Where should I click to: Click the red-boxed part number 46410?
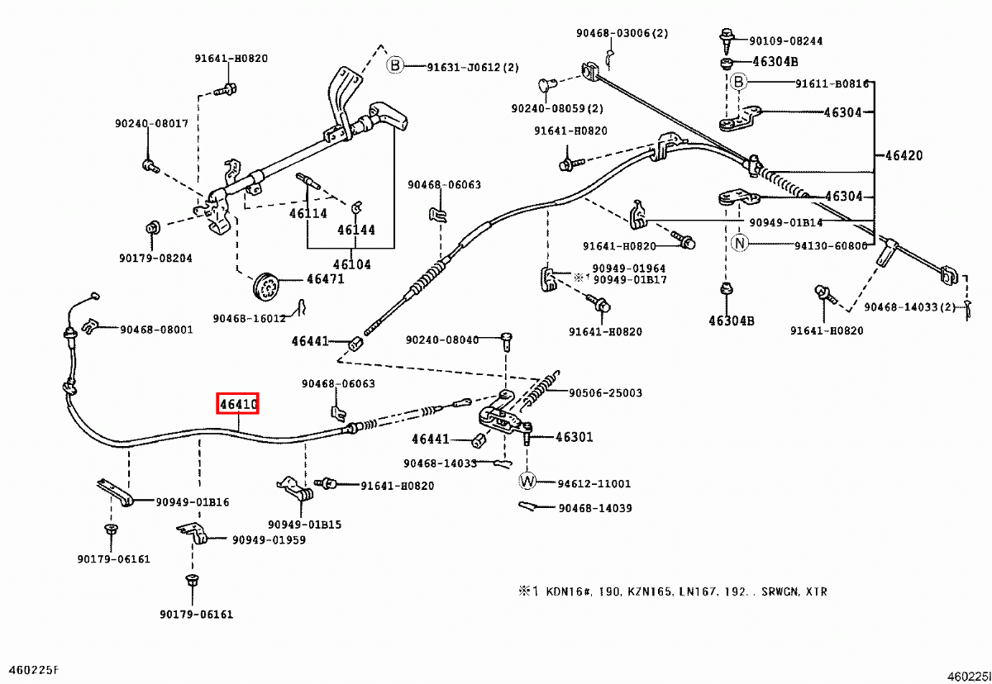238,404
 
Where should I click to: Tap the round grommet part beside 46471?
265,285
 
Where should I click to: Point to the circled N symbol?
739,243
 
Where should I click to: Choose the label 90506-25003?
605,393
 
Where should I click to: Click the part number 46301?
574,437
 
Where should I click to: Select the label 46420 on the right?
904,155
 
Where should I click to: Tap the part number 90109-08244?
786,40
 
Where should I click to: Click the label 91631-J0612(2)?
473,67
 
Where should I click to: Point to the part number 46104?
351,264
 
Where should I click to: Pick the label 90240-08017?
151,124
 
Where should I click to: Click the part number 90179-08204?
155,258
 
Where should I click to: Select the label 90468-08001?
156,329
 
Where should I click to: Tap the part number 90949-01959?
269,540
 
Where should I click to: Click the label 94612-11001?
594,483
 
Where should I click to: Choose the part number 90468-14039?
594,509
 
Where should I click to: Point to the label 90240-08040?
442,340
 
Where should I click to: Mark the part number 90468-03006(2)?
622,33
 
